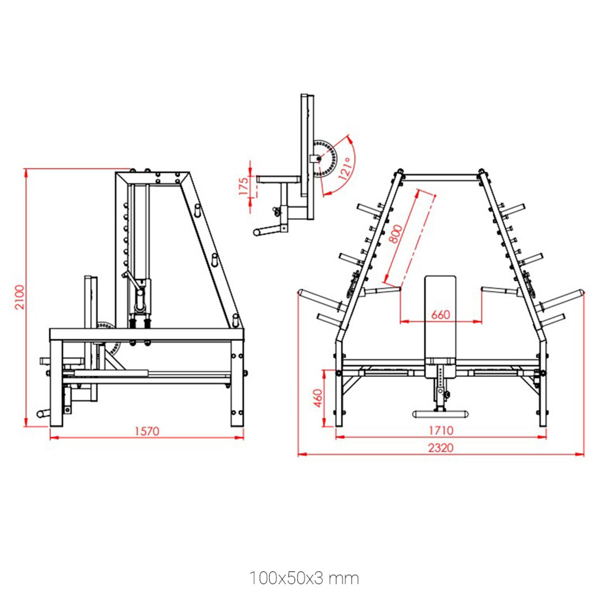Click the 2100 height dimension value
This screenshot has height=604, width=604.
coord(19,297)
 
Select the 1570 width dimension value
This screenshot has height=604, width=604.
coord(147,431)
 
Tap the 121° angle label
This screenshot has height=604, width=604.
coord(346,168)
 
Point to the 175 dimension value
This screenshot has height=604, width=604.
coord(244,186)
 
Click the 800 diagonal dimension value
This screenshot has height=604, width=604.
coord(396,234)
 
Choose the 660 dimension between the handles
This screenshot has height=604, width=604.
coord(441,314)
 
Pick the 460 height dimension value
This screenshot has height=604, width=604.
coord(318,398)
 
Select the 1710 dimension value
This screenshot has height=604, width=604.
coord(441,430)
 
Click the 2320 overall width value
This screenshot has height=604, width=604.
coord(441,448)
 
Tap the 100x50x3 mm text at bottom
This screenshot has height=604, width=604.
coord(304,578)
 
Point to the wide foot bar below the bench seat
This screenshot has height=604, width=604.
coord(440,414)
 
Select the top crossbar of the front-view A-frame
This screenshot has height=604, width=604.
coord(441,177)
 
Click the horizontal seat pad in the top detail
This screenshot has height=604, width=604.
coord(279,179)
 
